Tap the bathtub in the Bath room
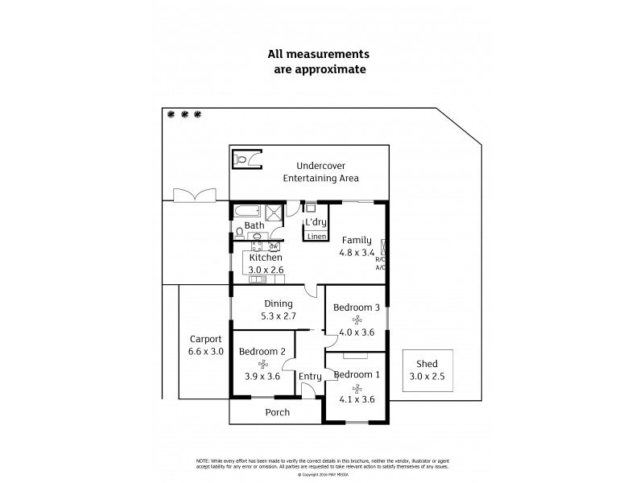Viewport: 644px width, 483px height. pyautogui.click(x=246, y=213)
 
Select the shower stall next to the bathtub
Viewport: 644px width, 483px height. pyautogui.click(x=275, y=213)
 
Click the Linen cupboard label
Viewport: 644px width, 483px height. pyautogui.click(x=315, y=236)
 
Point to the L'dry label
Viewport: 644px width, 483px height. pyautogui.click(x=315, y=222)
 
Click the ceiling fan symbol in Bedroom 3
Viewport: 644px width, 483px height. pyautogui.click(x=356, y=319)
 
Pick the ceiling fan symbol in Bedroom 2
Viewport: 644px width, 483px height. pyautogui.click(x=262, y=363)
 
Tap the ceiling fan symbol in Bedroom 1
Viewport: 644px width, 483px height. pyautogui.click(x=356, y=386)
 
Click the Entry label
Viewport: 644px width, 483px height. pyautogui.click(x=310, y=377)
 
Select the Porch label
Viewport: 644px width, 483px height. pyautogui.click(x=278, y=412)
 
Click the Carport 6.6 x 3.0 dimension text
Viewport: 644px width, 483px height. pyautogui.click(x=206, y=351)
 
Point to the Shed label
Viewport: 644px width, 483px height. pyautogui.click(x=427, y=364)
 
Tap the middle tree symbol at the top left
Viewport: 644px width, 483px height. pyautogui.click(x=184, y=114)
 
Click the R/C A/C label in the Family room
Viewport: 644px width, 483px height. pyautogui.click(x=380, y=263)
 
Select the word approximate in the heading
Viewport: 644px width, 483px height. pyautogui.click(x=334, y=69)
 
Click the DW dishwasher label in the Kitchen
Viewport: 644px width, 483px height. pyautogui.click(x=274, y=246)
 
